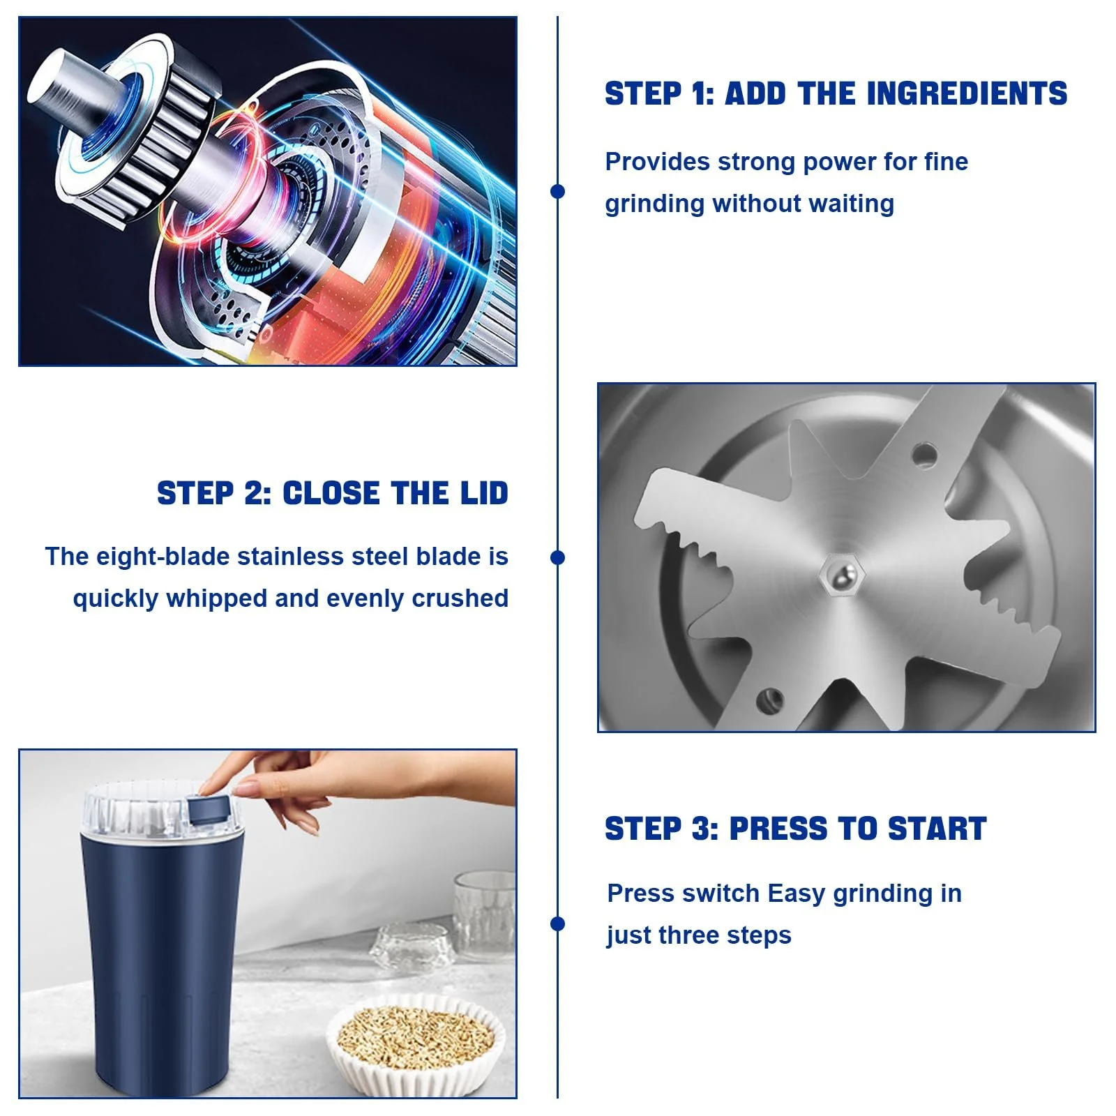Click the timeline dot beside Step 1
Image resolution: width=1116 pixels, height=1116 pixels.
coord(557,191)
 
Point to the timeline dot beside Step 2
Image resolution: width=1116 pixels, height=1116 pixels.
coord(557,557)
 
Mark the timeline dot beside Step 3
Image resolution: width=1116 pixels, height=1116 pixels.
coord(557,923)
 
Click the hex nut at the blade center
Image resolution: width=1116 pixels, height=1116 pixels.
coord(842,575)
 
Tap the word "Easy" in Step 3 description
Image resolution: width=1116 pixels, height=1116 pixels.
coord(797,894)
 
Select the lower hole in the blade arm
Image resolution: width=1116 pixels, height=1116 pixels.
coord(769,700)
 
